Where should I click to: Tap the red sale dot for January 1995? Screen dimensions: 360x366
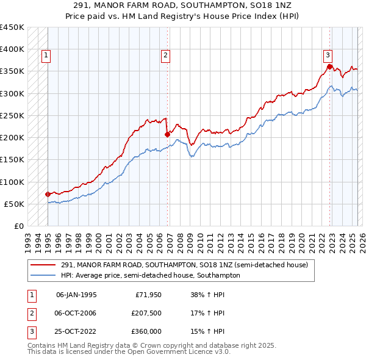pyautogui.click(x=48, y=194)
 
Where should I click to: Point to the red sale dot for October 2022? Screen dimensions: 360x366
pyautogui.click(x=329, y=67)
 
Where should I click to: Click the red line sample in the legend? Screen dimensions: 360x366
pyautogui.click(x=43, y=265)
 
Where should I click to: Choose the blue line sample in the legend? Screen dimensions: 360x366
pyautogui.click(x=43, y=275)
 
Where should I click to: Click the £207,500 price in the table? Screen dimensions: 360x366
pyautogui.click(x=146, y=313)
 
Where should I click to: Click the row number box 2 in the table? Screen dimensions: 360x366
pyautogui.click(x=30, y=313)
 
